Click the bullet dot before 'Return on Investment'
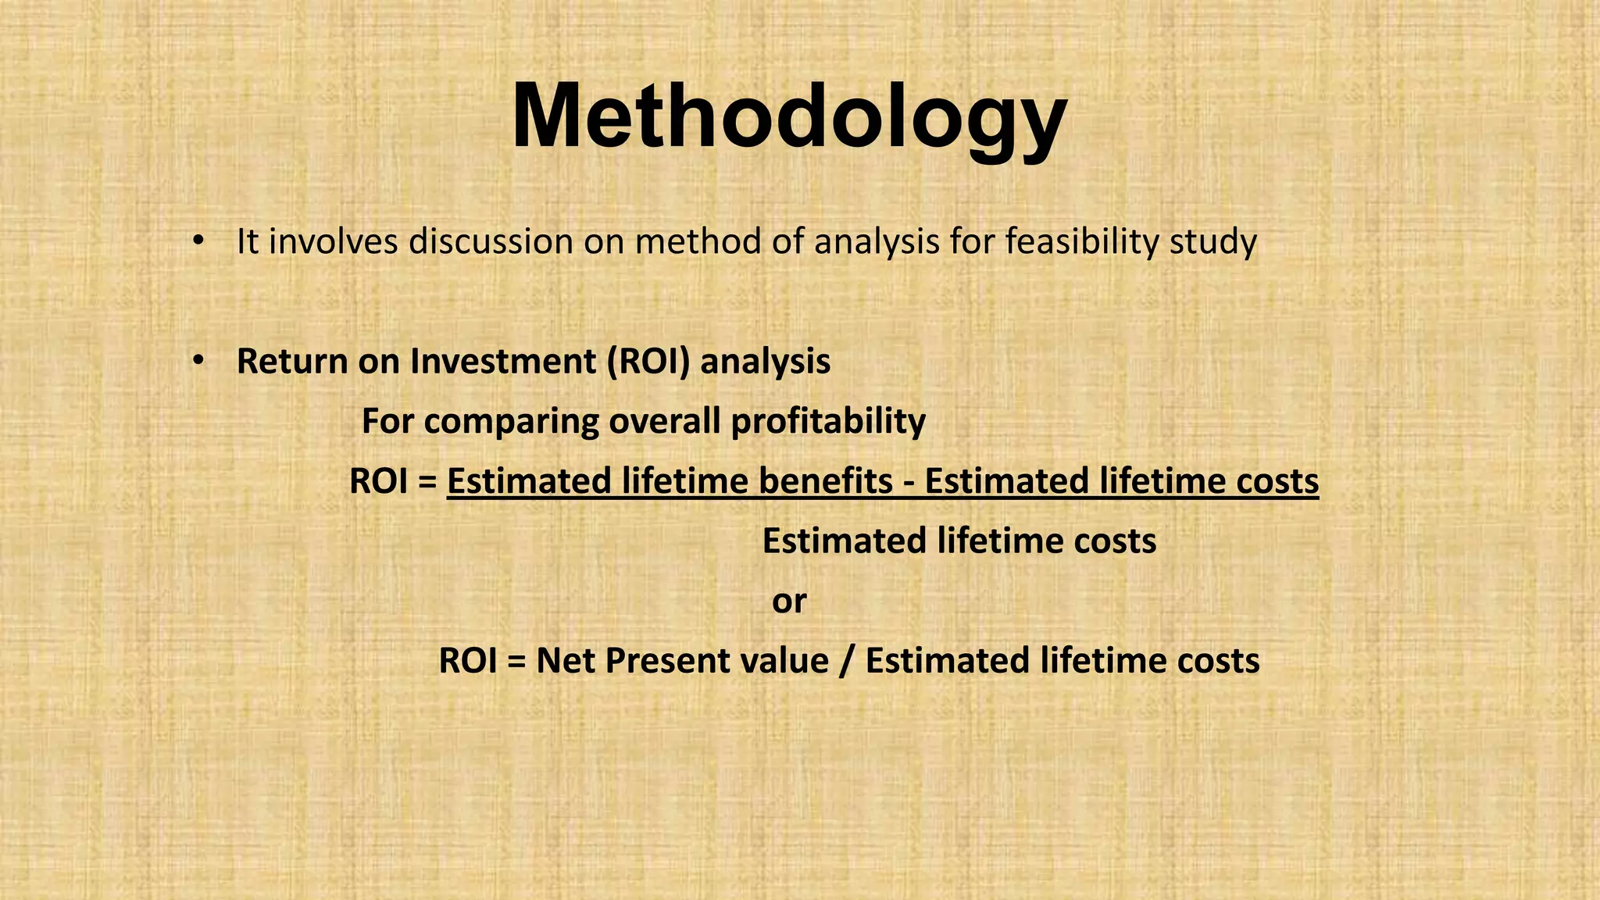click(x=198, y=360)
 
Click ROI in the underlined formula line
click(x=379, y=481)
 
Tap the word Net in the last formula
click(x=566, y=661)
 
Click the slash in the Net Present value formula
click(x=847, y=661)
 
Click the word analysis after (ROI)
click(x=765, y=361)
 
